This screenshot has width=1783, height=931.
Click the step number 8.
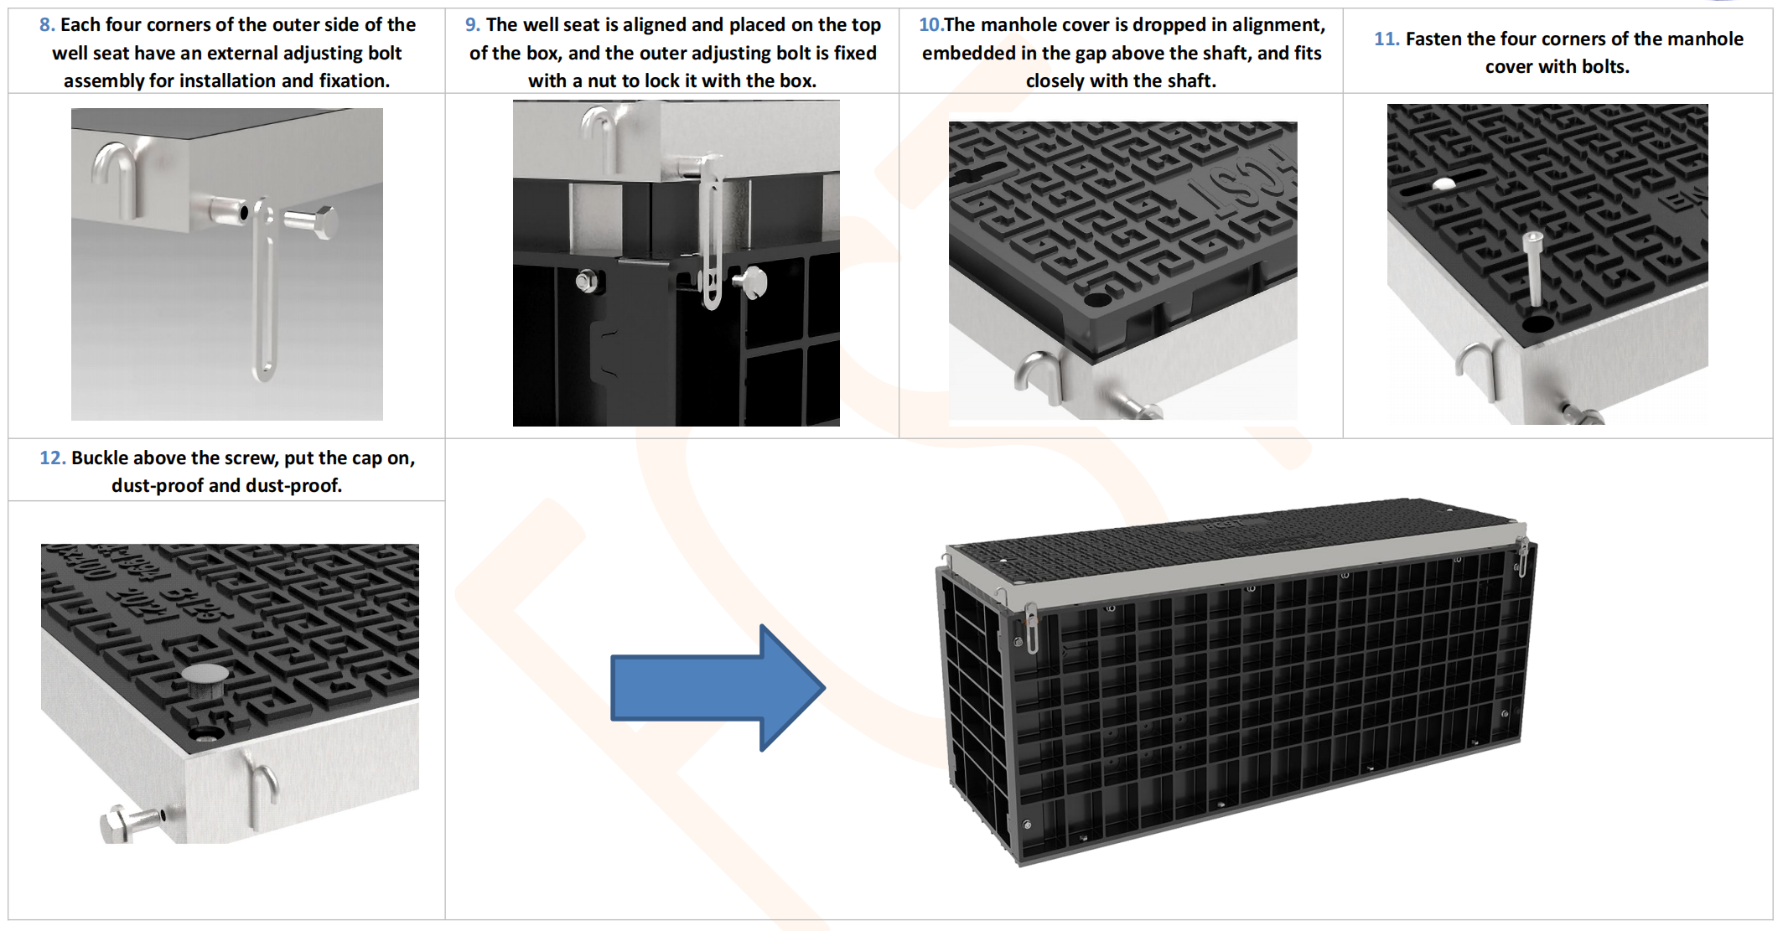[46, 25]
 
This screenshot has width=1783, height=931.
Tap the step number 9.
[472, 25]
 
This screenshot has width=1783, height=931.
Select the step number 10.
[930, 25]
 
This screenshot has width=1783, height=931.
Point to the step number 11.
[1386, 39]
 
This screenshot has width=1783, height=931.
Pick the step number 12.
[52, 458]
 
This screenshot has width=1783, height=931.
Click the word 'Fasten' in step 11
[1433, 39]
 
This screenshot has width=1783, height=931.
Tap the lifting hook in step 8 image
[117, 176]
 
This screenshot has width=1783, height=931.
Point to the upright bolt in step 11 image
[1534, 268]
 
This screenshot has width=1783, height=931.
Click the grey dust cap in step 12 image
[205, 675]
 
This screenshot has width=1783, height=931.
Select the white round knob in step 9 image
[754, 282]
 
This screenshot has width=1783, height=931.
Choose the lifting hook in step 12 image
[263, 788]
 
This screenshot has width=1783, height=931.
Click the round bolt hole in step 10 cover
[1096, 299]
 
